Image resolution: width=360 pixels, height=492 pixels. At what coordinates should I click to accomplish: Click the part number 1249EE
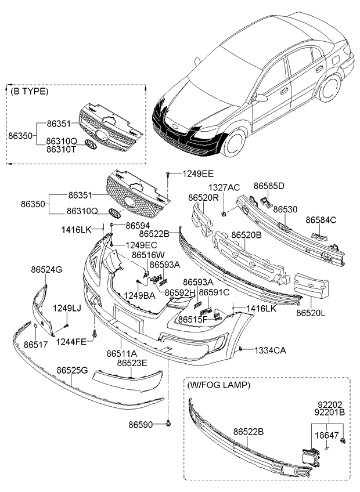(x=198, y=173)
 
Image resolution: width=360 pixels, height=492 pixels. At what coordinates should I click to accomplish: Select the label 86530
(x=285, y=209)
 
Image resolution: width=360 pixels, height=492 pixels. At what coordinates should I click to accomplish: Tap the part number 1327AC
(x=224, y=187)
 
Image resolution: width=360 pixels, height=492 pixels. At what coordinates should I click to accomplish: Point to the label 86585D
(x=269, y=186)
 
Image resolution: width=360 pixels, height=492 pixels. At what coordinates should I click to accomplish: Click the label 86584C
(x=321, y=220)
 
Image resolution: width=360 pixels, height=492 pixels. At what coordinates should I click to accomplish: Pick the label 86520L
(x=312, y=313)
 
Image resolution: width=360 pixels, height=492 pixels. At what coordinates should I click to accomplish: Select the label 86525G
(x=72, y=370)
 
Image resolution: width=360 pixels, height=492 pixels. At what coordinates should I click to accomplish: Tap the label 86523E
(x=132, y=363)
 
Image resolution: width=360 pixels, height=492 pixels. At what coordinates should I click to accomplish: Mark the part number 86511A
(x=122, y=353)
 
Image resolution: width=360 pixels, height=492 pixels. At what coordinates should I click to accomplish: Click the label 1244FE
(x=71, y=342)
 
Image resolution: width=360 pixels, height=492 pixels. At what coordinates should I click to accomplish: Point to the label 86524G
(x=46, y=270)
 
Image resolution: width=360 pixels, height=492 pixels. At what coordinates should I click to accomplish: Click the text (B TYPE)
(x=29, y=92)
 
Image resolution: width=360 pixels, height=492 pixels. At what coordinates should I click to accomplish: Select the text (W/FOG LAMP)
(x=218, y=385)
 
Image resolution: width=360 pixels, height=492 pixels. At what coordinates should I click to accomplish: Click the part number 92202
(x=329, y=405)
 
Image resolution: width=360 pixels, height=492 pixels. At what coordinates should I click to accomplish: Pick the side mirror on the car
(x=261, y=98)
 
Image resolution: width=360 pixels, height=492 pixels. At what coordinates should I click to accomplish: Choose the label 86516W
(x=147, y=254)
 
